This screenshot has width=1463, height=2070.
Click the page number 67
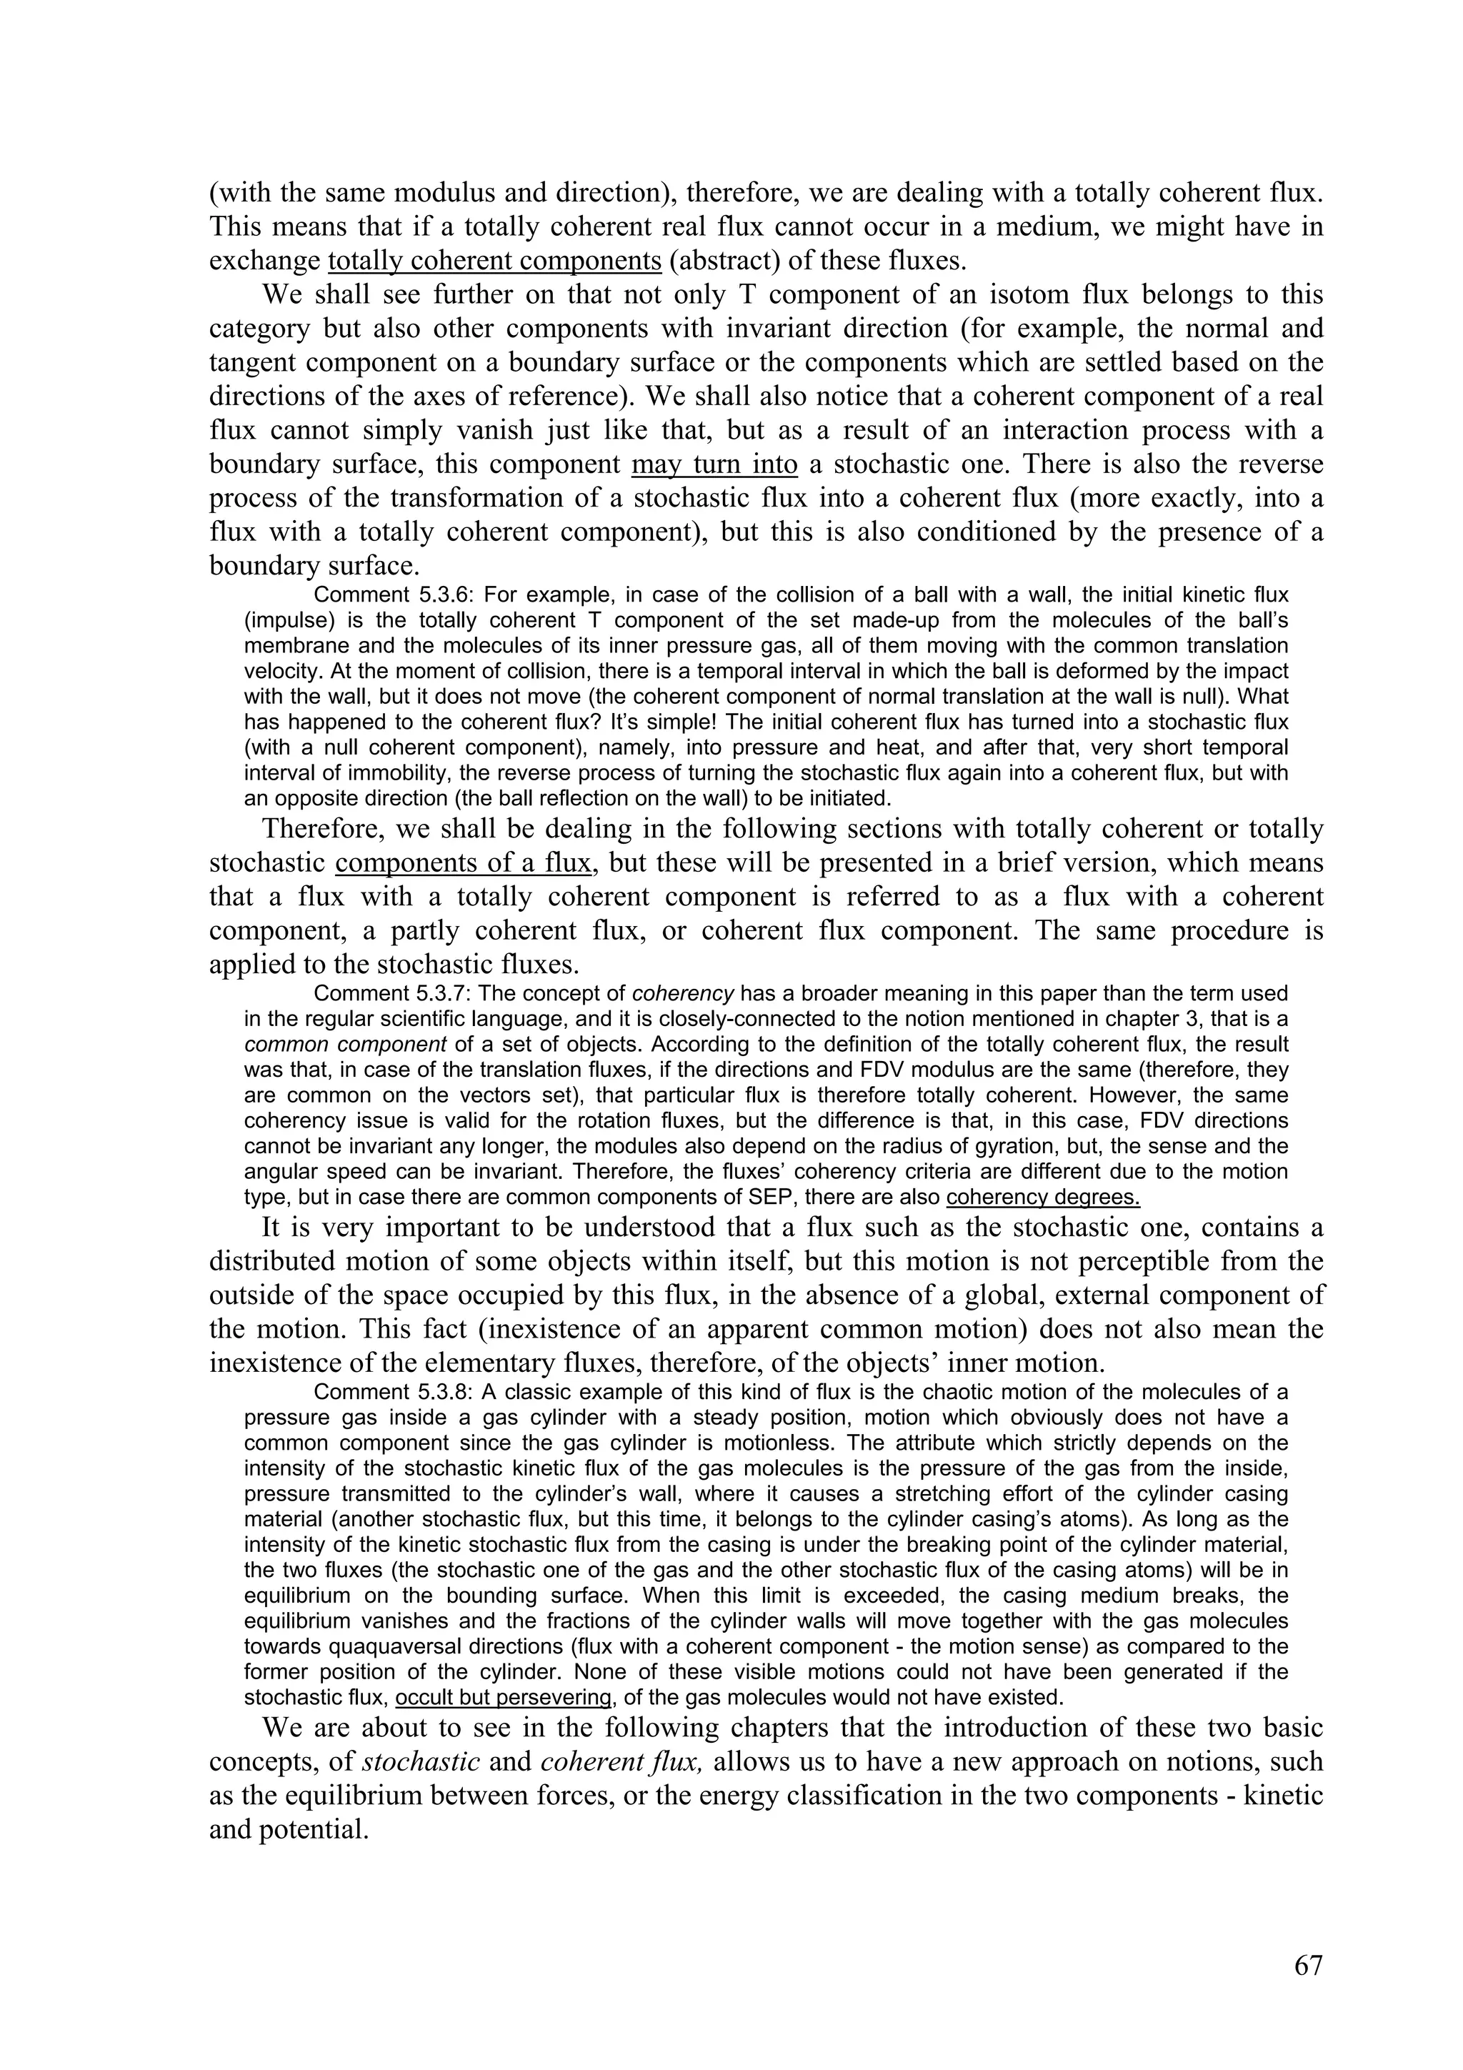click(1308, 1966)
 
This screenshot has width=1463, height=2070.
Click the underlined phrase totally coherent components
click(495, 261)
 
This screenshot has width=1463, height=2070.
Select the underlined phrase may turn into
click(715, 464)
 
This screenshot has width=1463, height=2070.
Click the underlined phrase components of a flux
click(464, 863)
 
